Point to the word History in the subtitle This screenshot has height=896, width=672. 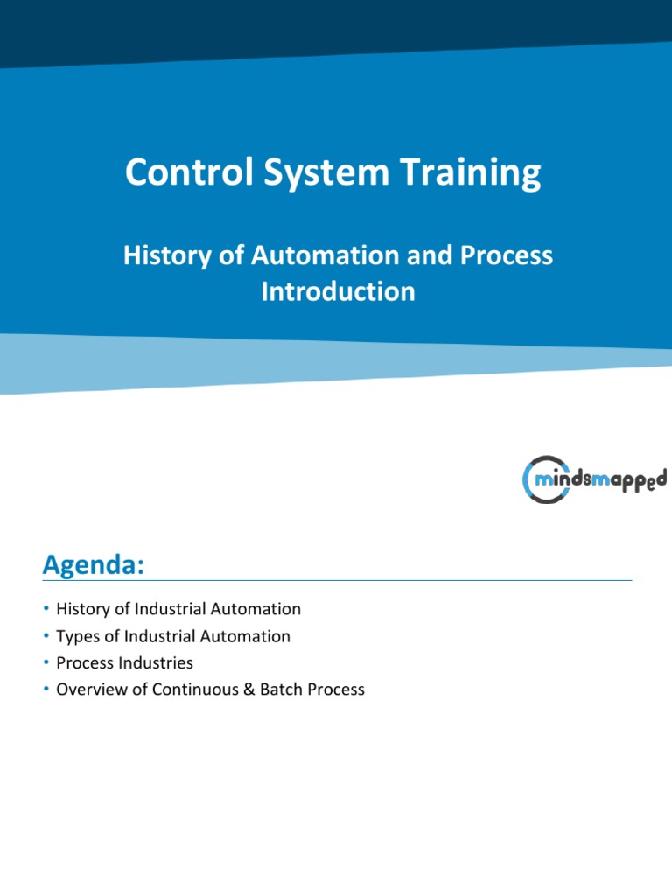pos(166,255)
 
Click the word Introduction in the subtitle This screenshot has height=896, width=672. pos(338,291)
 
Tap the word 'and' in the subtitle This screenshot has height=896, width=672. pos(423,255)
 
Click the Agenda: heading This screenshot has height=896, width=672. pos(93,565)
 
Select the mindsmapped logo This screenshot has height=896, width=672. pos(594,479)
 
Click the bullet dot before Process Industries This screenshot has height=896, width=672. pos(45,663)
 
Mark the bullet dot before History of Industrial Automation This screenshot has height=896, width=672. pos(45,609)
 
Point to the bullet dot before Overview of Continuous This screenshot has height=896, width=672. pos(45,690)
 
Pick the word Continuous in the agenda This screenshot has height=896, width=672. pos(193,690)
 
